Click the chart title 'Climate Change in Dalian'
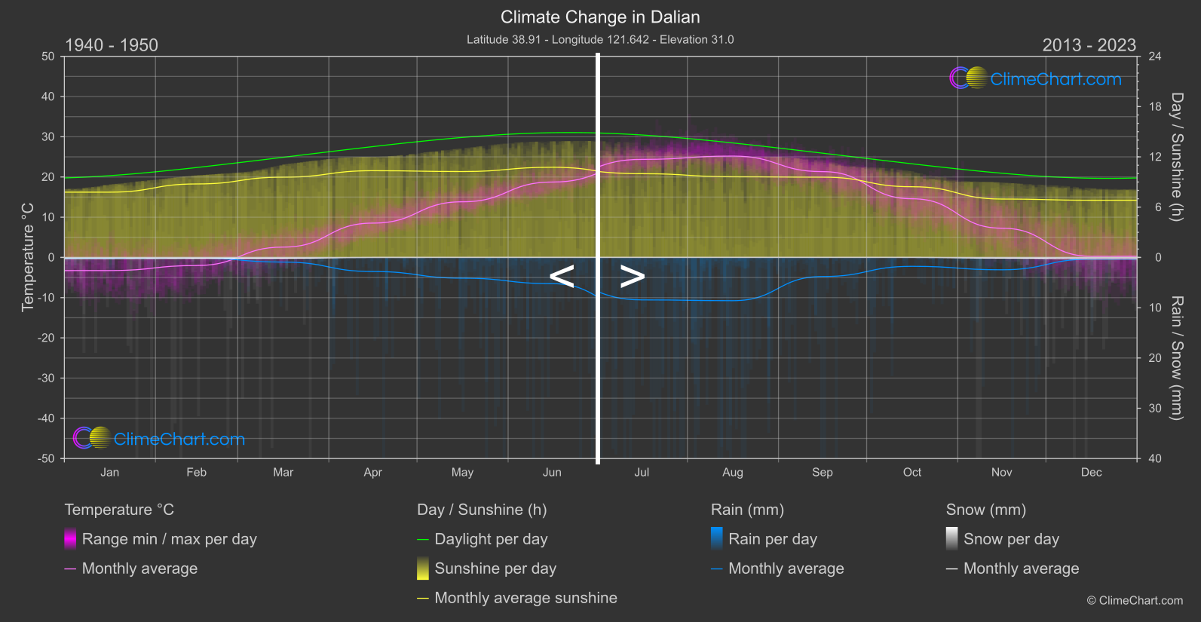click(600, 17)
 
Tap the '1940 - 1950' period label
click(112, 45)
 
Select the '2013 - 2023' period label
click(1089, 45)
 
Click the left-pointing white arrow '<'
click(562, 277)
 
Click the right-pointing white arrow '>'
click(633, 277)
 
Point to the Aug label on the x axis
click(732, 473)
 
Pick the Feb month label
click(196, 473)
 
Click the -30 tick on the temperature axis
click(46, 378)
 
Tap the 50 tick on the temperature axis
click(48, 57)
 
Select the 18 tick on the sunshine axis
click(1155, 107)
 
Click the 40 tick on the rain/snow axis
click(1155, 458)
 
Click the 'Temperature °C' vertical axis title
click(28, 257)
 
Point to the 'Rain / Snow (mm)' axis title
click(1176, 357)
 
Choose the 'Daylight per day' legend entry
click(491, 539)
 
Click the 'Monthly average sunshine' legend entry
click(525, 598)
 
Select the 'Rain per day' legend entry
click(772, 539)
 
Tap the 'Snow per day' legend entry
click(1010, 539)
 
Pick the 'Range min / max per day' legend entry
click(169, 539)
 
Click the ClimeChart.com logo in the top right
click(1035, 78)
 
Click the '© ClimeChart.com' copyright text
click(1135, 601)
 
